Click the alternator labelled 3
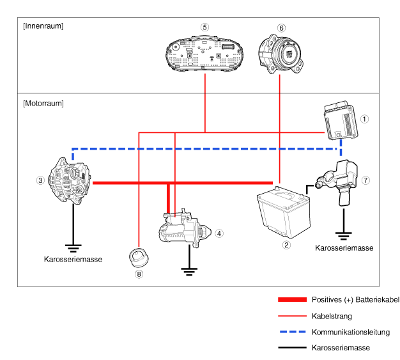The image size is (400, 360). pyautogui.click(x=70, y=182)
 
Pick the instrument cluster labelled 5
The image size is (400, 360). pyautogui.click(x=205, y=54)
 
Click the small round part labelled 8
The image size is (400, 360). pyautogui.click(x=139, y=257)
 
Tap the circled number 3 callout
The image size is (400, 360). pyautogui.click(x=40, y=181)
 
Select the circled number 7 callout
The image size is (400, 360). pyautogui.click(x=365, y=181)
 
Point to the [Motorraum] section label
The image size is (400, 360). pyautogui.click(x=43, y=103)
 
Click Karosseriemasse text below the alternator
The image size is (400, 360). pyautogui.click(x=73, y=259)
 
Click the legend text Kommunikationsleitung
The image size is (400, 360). pyautogui.click(x=350, y=332)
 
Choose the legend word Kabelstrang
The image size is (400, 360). pyautogui.click(x=332, y=316)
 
